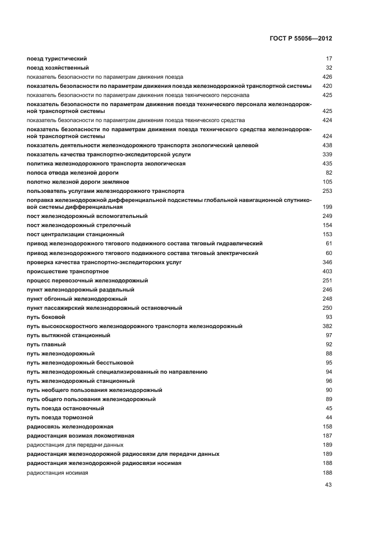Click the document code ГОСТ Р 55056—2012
coord(301,38)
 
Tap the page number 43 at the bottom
coord(328,485)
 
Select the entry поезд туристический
coord(56,59)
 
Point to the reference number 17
coord(329,59)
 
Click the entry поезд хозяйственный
coord(58,67)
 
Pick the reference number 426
coord(327,76)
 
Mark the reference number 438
coord(327,145)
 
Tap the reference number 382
coord(327,326)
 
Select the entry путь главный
coord(46,345)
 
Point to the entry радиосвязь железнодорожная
coord(70,427)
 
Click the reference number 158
coord(327,427)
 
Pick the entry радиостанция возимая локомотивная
coord(78,436)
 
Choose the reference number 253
coord(327,191)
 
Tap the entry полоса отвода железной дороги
coord(72,172)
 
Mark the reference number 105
coord(327,182)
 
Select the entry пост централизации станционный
coord(75,234)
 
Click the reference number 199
coord(327,207)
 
